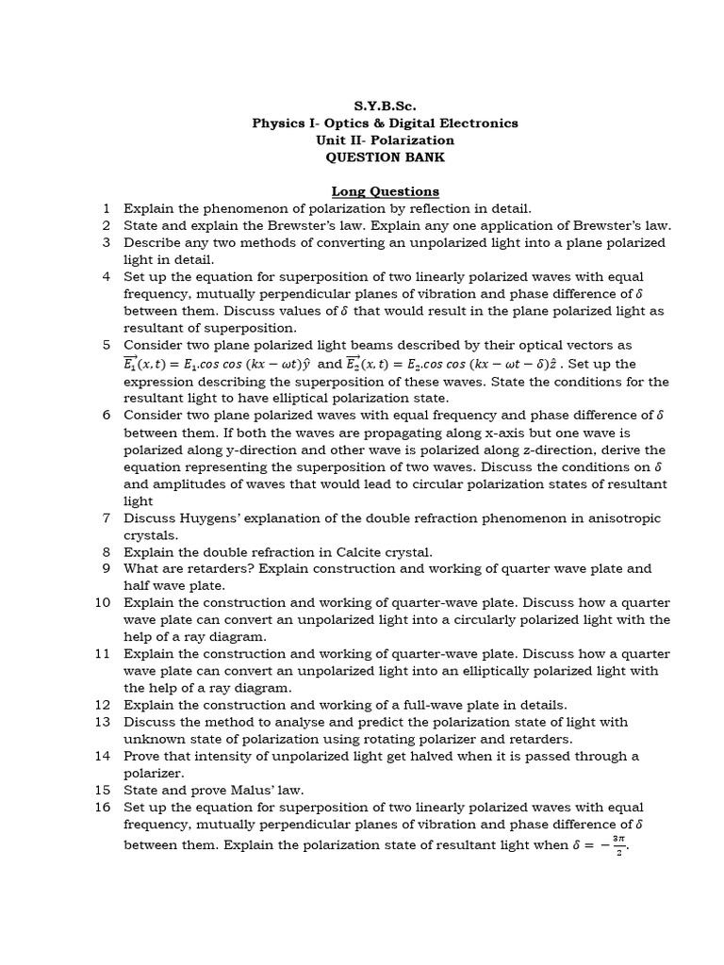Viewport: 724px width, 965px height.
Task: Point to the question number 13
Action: (103, 722)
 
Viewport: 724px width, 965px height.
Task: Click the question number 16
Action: (103, 807)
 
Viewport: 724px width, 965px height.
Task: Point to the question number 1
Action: (107, 208)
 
